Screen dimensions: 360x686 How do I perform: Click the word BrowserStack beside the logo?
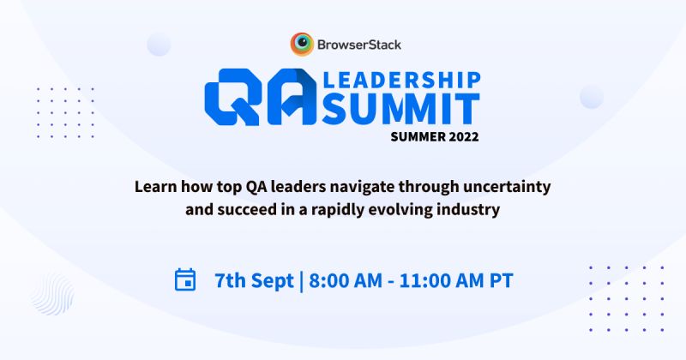click(358, 43)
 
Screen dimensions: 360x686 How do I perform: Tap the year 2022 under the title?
click(461, 136)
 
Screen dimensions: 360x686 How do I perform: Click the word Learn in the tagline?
click(153, 184)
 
